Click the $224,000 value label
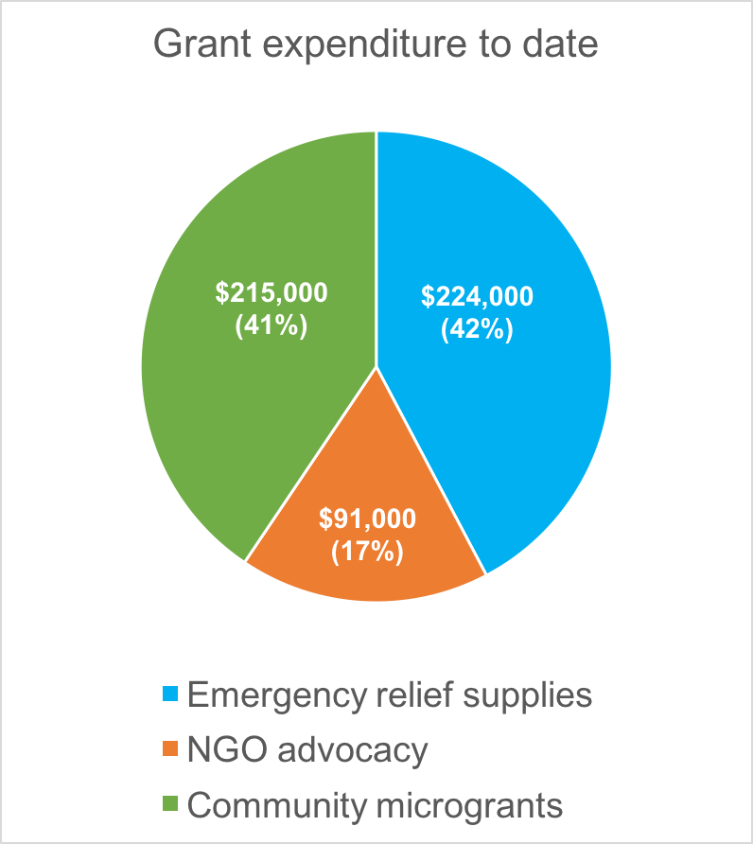click(478, 297)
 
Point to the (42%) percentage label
click(478, 330)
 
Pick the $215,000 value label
click(271, 293)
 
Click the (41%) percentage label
click(271, 326)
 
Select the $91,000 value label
click(367, 519)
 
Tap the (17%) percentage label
click(367, 551)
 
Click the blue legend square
click(171, 696)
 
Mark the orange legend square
click(171, 751)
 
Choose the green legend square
click(171, 806)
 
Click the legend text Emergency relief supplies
click(390, 695)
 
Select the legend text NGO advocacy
click(307, 750)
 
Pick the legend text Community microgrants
click(376, 805)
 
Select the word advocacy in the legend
click(359, 751)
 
